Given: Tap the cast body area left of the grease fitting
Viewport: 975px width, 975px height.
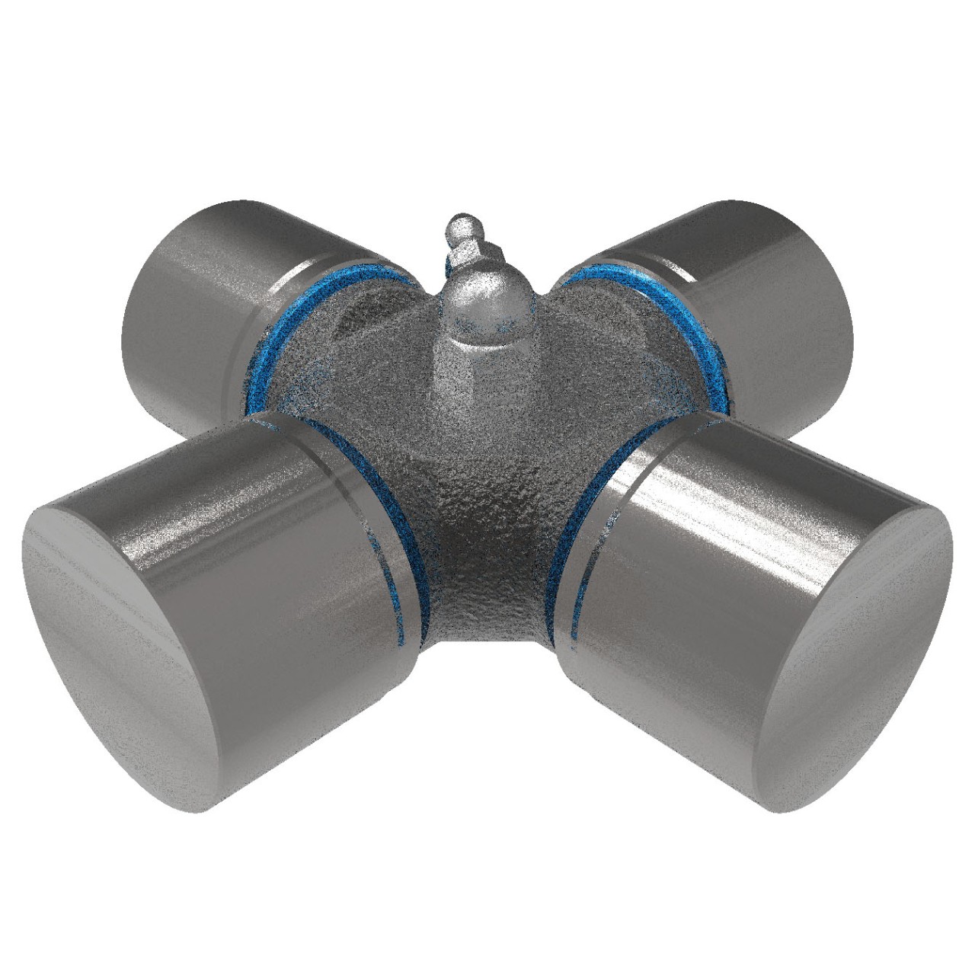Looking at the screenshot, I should pyautogui.click(x=358, y=358).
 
